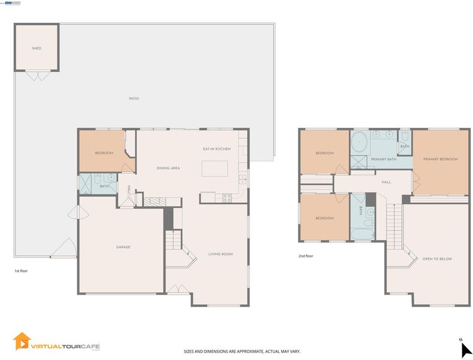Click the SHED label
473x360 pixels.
click(x=37, y=49)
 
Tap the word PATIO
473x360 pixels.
click(x=134, y=98)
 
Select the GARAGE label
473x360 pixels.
click(x=123, y=247)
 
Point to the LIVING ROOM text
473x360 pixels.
click(x=221, y=254)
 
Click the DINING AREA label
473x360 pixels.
click(x=168, y=168)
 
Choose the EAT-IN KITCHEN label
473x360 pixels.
click(x=216, y=149)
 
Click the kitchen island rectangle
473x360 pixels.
click(x=215, y=169)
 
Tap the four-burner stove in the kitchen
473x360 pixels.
click(x=227, y=198)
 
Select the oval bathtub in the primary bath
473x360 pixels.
click(x=359, y=142)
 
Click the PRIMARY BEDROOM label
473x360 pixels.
click(x=441, y=159)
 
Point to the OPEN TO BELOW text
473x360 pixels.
click(x=437, y=259)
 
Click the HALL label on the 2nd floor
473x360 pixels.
click(x=387, y=182)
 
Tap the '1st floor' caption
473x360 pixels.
click(x=21, y=271)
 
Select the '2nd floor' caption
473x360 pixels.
click(x=306, y=256)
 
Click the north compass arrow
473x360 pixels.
click(x=466, y=350)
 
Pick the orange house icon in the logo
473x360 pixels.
click(x=22, y=341)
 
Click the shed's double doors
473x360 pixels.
click(x=37, y=76)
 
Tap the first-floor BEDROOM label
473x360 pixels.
click(x=104, y=153)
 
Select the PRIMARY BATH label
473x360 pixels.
click(x=384, y=159)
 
